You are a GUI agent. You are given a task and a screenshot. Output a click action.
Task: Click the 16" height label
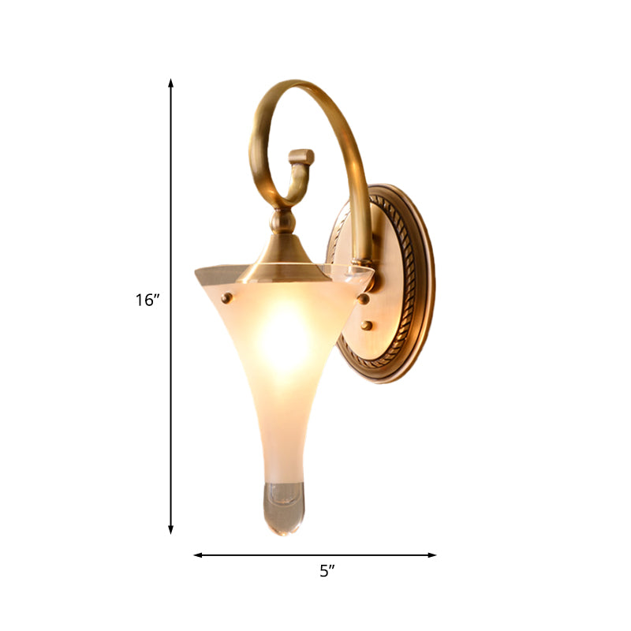(147, 300)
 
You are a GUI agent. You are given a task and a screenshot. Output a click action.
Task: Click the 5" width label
(327, 572)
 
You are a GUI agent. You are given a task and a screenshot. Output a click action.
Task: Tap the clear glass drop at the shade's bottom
(282, 505)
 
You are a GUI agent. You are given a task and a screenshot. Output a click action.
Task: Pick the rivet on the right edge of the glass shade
(363, 298)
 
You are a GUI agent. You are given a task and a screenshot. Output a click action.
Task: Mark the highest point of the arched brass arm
(296, 82)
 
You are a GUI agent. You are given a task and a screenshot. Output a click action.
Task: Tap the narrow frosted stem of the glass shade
(282, 442)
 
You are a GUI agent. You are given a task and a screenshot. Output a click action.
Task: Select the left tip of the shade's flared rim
(197, 273)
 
